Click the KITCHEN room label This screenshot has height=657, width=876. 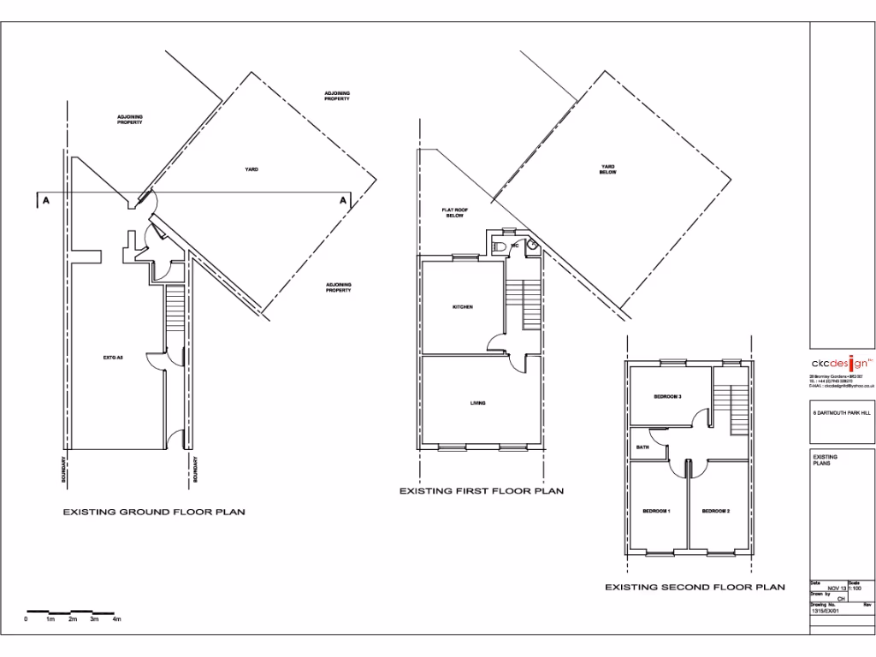coord(462,306)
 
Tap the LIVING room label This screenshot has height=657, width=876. coord(478,403)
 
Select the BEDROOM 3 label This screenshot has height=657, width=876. coord(666,396)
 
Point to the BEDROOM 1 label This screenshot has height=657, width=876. coord(656,512)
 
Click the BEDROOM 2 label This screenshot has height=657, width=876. coord(715,512)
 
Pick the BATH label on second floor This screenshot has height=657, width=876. coord(642,447)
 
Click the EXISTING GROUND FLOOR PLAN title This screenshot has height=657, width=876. coord(154,512)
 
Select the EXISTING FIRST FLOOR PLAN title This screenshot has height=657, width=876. coord(482,491)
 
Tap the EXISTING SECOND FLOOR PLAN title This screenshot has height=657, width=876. coord(695,587)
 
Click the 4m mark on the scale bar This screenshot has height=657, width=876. coord(117,619)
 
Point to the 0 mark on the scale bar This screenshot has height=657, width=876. coord(27,619)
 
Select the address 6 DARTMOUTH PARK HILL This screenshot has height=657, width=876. coord(842,412)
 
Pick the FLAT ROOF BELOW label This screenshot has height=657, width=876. coord(453,213)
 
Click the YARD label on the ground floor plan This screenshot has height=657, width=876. coord(252,169)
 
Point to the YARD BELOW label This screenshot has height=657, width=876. coord(607,169)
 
